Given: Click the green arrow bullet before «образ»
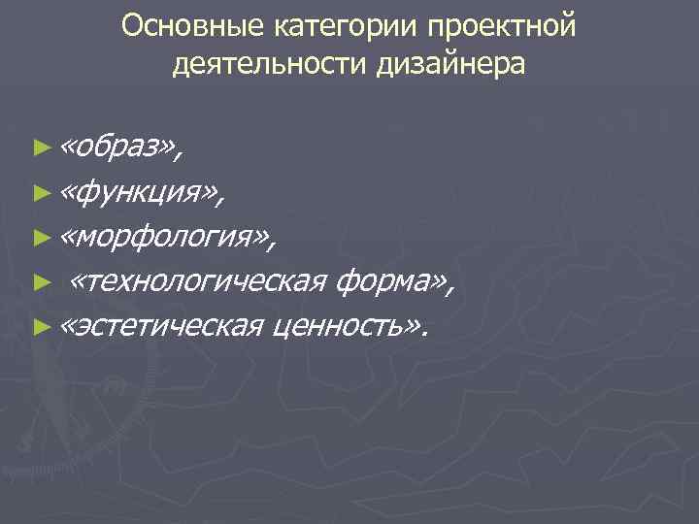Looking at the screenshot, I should tap(40, 147).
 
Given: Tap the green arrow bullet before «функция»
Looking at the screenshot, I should tap(40, 192).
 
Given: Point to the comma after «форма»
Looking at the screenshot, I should tap(449, 292).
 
